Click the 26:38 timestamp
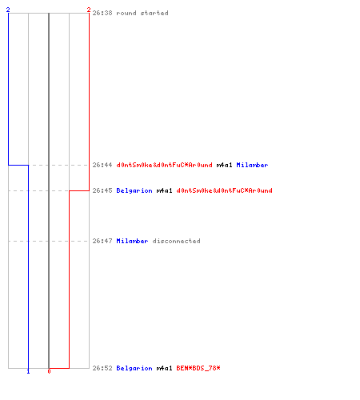[102, 13]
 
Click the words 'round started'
[142, 13]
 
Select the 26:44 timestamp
[102, 165]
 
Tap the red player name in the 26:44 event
[165, 165]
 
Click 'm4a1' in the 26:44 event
[224, 165]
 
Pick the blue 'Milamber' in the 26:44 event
[252, 165]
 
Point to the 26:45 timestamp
[102, 190]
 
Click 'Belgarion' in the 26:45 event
[134, 190]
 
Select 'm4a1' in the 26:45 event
[164, 190]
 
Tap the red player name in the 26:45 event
[225, 190]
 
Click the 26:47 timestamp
[102, 241]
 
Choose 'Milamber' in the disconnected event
[132, 241]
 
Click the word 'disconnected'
[176, 241]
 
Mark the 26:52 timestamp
[102, 368]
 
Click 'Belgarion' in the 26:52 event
[134, 368]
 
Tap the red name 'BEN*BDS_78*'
[198, 368]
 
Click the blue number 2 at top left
[8, 10]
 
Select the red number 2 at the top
[89, 10]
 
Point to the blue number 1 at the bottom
[28, 371]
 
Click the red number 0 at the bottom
[49, 371]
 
